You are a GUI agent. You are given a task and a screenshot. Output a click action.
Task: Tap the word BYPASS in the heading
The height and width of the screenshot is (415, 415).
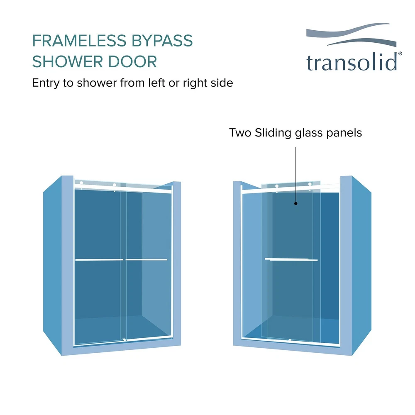[162, 41]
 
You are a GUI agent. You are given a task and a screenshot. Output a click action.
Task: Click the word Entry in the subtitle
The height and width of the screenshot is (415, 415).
[46, 83]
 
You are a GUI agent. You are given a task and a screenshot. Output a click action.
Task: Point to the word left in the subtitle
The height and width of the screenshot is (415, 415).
[157, 83]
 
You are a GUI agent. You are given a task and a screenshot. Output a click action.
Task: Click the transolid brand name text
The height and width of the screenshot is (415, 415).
[352, 62]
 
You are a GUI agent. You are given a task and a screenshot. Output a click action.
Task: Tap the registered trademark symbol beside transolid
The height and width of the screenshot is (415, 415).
[400, 54]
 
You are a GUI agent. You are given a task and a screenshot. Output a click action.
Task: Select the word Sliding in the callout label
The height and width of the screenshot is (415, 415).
[273, 133]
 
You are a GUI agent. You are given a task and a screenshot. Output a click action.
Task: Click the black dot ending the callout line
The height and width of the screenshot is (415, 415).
[296, 203]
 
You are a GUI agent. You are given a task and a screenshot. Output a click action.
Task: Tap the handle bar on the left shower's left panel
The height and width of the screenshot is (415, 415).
[99, 260]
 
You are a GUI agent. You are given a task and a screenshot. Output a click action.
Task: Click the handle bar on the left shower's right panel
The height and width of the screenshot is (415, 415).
[146, 260]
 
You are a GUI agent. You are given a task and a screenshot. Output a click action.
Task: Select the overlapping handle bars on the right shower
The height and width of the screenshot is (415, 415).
[291, 260]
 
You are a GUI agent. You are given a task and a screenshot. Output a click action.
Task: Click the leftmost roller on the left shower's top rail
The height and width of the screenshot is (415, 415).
[81, 183]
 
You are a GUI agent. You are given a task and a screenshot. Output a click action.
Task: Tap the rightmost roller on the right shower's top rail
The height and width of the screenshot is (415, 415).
[310, 184]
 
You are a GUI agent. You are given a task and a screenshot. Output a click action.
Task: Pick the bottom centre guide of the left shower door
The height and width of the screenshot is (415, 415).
[124, 339]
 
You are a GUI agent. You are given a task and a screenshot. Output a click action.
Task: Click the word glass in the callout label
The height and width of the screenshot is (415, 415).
[309, 133]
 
